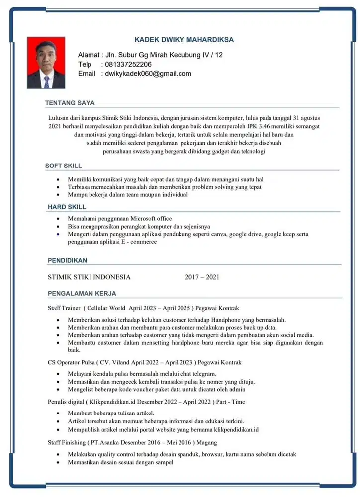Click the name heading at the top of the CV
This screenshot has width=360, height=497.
(x=184, y=40)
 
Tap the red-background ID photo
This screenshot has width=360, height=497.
(x=46, y=63)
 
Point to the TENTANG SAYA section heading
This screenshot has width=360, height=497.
(x=70, y=103)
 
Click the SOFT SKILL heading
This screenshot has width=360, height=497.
(x=64, y=166)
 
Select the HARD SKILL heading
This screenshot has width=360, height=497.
(x=67, y=207)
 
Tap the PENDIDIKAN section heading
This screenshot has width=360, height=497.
(x=68, y=260)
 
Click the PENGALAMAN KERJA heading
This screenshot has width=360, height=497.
(x=82, y=293)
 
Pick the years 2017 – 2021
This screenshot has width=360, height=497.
(x=202, y=277)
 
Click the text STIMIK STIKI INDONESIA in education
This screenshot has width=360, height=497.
(x=89, y=277)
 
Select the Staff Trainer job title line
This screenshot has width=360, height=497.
(x=143, y=308)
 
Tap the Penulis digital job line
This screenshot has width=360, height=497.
(x=146, y=401)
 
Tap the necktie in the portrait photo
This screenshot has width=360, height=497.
(x=46, y=82)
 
